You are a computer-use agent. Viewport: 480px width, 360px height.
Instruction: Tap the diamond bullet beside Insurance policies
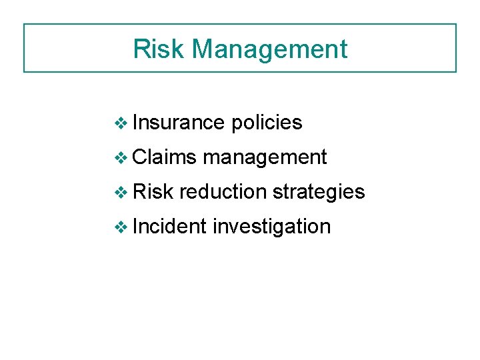pos(121,123)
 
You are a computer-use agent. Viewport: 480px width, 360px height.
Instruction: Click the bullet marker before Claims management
pos(121,157)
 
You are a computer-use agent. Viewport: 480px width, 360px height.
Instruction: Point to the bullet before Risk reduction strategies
pos(121,192)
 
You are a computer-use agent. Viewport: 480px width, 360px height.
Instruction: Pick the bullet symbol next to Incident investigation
pos(121,227)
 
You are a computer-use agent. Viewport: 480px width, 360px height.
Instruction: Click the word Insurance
pos(178,123)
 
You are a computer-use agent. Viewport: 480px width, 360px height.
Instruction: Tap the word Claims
pos(164,157)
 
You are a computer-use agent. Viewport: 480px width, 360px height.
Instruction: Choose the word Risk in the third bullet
pos(153,192)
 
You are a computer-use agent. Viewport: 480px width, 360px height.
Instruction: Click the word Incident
pos(169,227)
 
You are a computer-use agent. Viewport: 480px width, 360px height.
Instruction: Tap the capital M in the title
pos(203,49)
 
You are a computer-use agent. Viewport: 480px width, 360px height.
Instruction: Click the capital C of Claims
pos(139,157)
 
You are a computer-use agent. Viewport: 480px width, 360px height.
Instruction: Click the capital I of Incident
pos(135,227)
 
